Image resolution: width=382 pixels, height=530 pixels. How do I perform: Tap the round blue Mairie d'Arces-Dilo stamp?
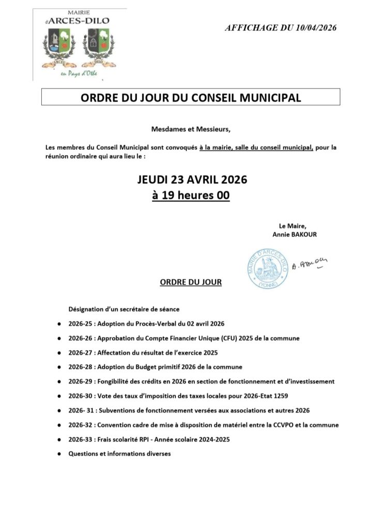point(267,268)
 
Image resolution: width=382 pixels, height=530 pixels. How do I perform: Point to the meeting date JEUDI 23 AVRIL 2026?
point(192,180)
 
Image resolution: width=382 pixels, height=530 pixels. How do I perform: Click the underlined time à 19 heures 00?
point(191,196)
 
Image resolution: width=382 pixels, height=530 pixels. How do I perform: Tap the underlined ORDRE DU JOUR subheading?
point(191,283)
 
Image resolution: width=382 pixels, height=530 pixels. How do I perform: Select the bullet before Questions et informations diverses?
point(58,454)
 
